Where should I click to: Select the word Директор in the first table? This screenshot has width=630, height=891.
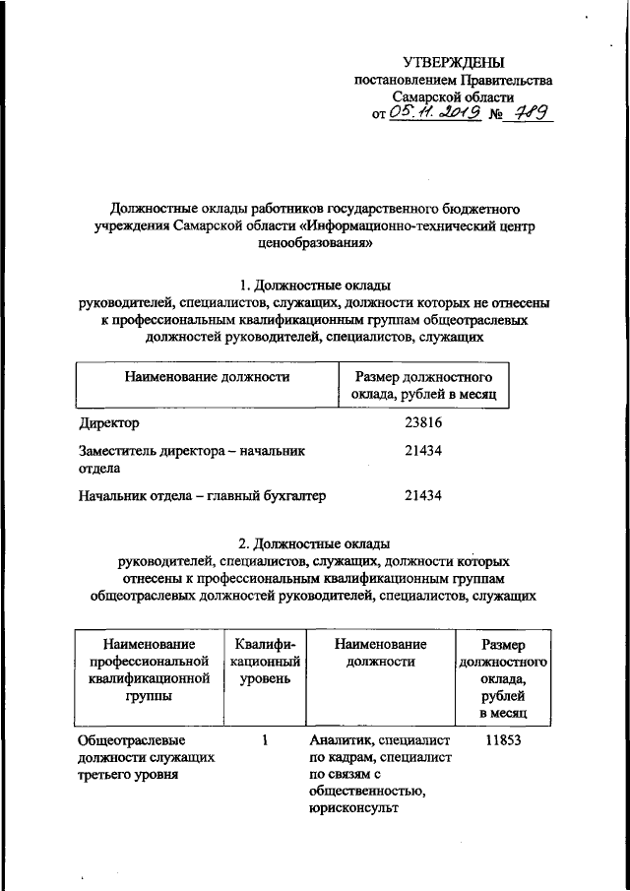point(108,423)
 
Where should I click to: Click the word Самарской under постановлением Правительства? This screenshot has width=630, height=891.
point(427,97)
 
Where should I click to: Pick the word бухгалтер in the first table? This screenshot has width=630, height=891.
point(292,495)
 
